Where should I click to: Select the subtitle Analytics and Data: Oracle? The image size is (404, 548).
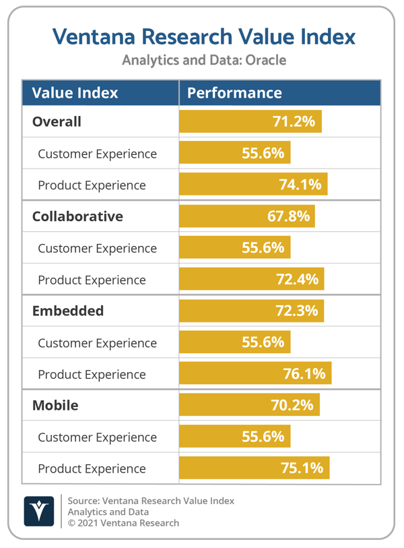(x=203, y=60)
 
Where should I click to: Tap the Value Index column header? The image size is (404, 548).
(x=75, y=92)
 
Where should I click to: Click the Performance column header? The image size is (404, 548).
(x=234, y=92)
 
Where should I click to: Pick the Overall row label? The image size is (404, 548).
(x=57, y=121)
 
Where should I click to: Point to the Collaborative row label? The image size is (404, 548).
(x=77, y=216)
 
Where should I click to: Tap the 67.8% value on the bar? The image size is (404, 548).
(x=288, y=216)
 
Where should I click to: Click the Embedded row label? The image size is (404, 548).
(x=68, y=311)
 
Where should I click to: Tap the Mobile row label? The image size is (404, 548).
(x=55, y=405)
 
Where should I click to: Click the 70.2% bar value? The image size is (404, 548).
(x=292, y=405)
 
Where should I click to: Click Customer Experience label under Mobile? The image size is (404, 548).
(x=97, y=437)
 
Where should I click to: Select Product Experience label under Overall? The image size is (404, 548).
(x=92, y=185)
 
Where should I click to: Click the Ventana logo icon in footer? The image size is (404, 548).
(x=39, y=512)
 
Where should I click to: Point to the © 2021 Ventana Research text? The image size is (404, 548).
(x=123, y=522)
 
